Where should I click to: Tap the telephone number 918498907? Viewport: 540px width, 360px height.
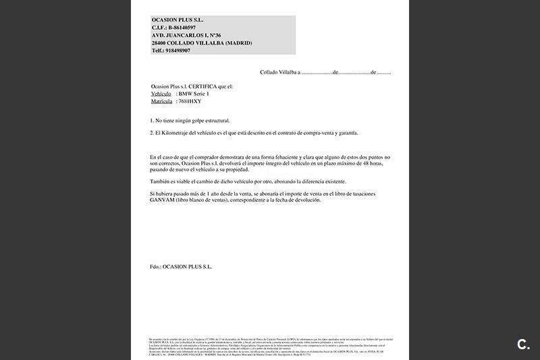pyautogui.click(x=178, y=51)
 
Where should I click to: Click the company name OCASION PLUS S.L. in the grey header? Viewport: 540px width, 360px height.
pyautogui.click(x=178, y=20)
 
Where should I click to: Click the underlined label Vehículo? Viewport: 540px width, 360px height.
pyautogui.click(x=162, y=94)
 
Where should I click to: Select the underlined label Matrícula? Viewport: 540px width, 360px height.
pyautogui.click(x=162, y=101)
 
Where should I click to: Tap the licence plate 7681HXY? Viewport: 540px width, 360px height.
pyautogui.click(x=190, y=101)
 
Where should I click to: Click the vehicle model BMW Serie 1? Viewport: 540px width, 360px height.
pyautogui.click(x=194, y=94)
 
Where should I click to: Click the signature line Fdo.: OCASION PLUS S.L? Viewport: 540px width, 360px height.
pyautogui.click(x=181, y=267)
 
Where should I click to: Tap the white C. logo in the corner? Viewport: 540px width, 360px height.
pyautogui.click(x=523, y=344)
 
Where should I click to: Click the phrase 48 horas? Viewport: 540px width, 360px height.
pyautogui.click(x=376, y=164)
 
